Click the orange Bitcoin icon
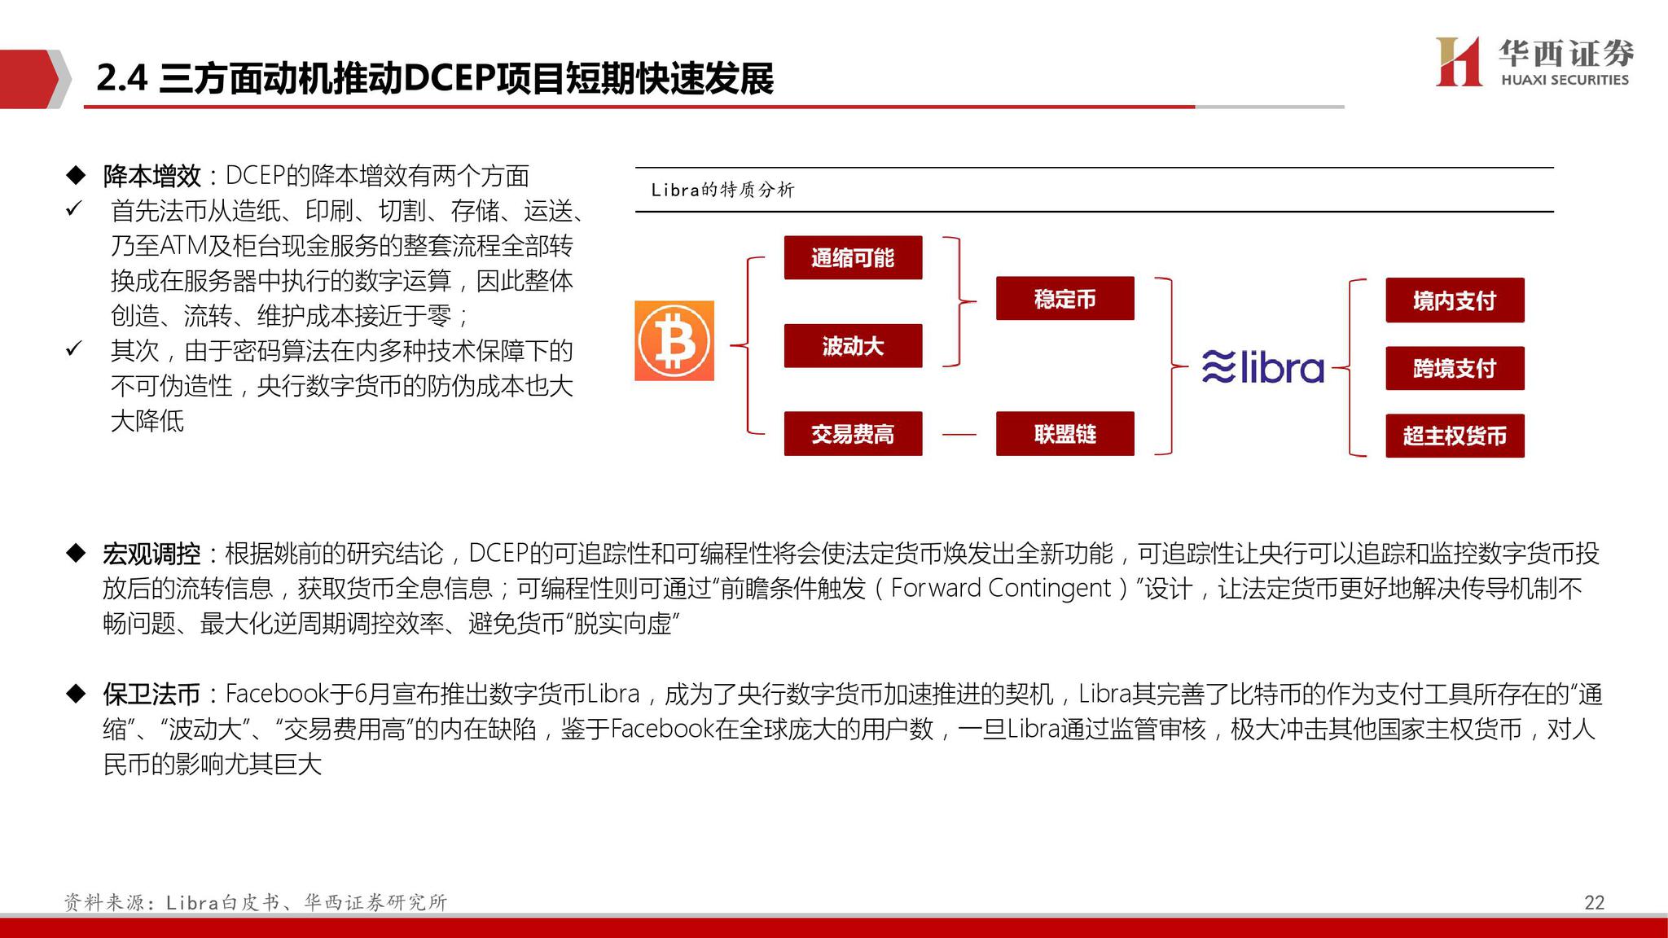coord(674,340)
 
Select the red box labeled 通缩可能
coord(853,258)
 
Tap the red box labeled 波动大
coord(853,346)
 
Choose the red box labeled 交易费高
coord(853,434)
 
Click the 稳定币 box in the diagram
coord(1064,299)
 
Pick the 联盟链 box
coord(1064,434)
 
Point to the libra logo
coord(1263,367)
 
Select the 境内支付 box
coord(1455,300)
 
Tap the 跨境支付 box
coord(1455,368)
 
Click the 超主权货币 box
coord(1455,436)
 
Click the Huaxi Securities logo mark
coord(1458,61)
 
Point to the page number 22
coord(1594,902)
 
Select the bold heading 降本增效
coord(152,176)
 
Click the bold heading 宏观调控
coord(152,554)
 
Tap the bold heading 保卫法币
coord(152,694)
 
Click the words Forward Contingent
coord(1001,588)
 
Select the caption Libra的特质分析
coord(722,190)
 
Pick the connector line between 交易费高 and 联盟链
coord(959,434)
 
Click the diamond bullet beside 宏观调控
coord(76,554)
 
